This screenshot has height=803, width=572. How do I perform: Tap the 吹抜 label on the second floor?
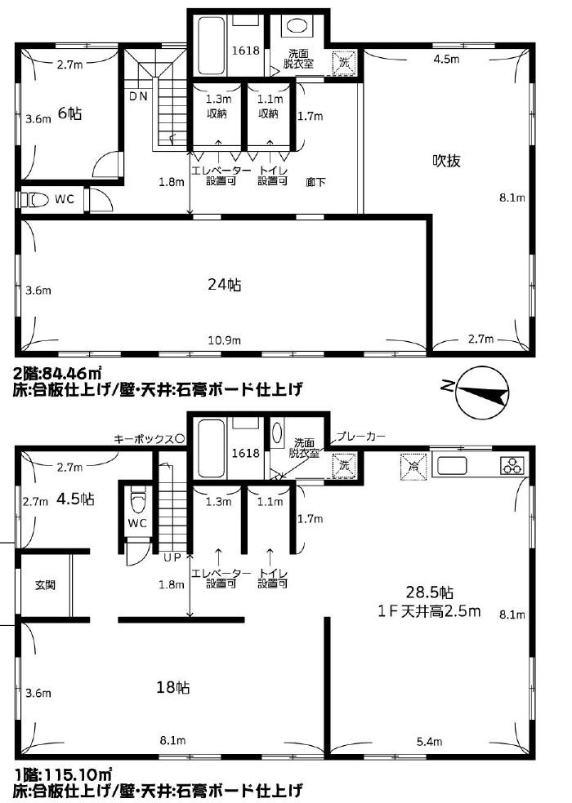[x=446, y=161]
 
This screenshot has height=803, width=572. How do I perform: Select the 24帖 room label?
[x=225, y=284]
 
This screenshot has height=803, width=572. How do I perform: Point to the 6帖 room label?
[x=69, y=113]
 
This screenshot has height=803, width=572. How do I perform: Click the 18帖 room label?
[x=173, y=687]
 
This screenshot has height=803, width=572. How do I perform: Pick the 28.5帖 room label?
[x=429, y=592]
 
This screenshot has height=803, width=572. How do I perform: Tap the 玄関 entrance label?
[x=45, y=585]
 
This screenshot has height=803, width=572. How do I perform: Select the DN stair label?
[x=138, y=95]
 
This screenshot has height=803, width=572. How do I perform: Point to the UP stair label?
[x=172, y=557]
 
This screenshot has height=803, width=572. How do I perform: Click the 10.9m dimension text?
[x=224, y=340]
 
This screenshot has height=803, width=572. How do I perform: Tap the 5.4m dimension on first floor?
[x=429, y=741]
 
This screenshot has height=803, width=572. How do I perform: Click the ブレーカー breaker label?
[x=360, y=437]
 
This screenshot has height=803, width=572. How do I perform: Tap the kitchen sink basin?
[x=451, y=466]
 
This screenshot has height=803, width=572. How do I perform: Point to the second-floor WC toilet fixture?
[x=35, y=198]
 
